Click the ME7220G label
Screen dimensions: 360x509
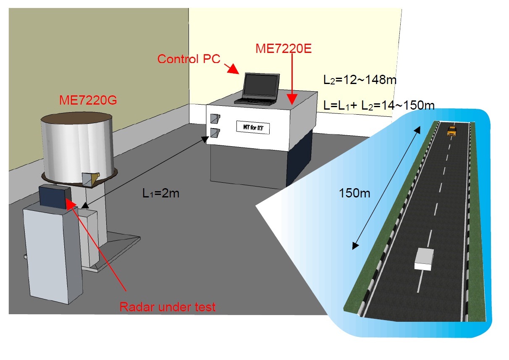point(88,101)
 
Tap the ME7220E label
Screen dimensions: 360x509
point(283,49)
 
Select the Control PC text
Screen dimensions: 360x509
point(189,59)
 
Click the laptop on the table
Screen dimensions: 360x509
point(258,89)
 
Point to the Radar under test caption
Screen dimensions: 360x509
point(168,307)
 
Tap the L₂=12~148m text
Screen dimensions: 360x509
point(359,79)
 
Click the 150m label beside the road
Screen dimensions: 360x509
point(355,194)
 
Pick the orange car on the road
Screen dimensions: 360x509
point(451,131)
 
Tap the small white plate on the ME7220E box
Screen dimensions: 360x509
point(252,127)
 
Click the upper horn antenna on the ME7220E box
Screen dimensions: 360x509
point(215,118)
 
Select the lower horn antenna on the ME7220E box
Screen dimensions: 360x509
point(215,133)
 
